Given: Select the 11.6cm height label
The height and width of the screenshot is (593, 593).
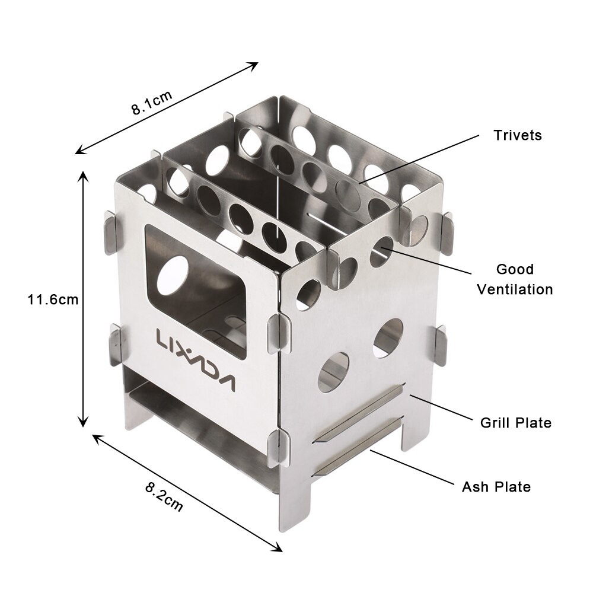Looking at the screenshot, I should click(53, 299).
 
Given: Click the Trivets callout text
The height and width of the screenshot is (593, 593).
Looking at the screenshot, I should click(517, 135).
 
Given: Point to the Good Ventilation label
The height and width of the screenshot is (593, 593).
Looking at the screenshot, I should click(515, 279).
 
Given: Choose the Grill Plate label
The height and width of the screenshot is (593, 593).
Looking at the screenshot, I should click(515, 423).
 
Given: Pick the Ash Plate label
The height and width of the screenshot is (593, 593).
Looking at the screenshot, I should click(496, 487).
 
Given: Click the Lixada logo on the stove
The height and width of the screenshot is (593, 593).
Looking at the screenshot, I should click(196, 359).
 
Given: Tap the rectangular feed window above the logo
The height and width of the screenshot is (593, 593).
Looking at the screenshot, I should click(196, 291).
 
